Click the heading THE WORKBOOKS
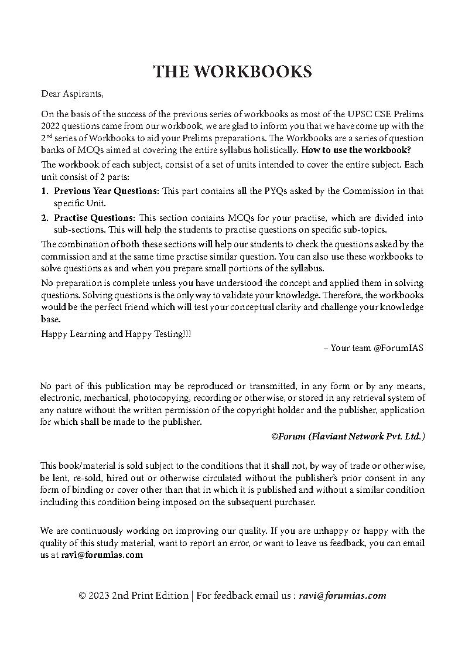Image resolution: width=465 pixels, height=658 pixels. [232, 71]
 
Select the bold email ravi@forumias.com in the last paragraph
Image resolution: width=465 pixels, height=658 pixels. [102, 555]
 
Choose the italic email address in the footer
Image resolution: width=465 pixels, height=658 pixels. [342, 596]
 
